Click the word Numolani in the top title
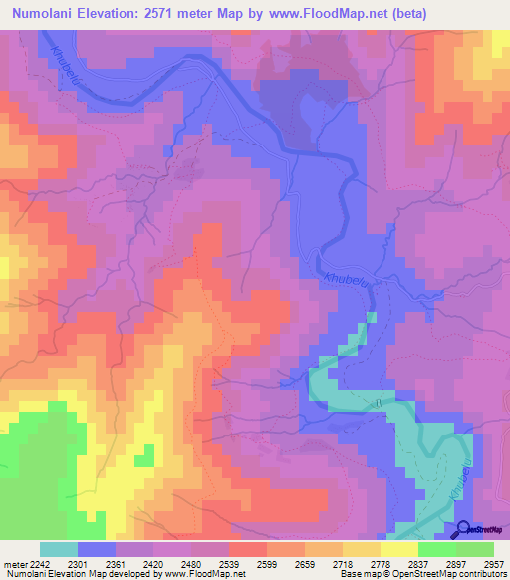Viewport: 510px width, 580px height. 47,15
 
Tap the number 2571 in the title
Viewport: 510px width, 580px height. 180,15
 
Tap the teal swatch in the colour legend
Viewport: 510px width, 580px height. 58,549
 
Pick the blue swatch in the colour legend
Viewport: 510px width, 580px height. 97,549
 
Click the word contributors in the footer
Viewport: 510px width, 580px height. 481,573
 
